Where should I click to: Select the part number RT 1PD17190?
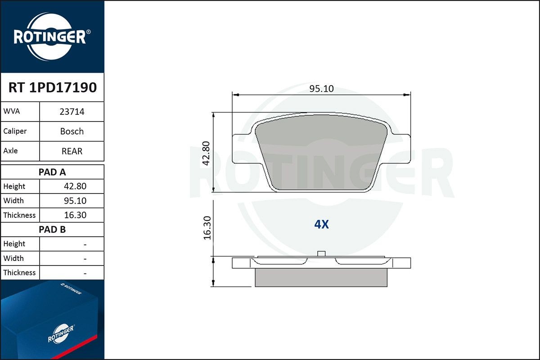pyautogui.click(x=52, y=88)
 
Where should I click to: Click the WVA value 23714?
pyautogui.click(x=72, y=112)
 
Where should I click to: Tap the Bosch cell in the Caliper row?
pyautogui.click(x=72, y=131)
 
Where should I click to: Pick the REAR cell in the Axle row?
pyautogui.click(x=72, y=151)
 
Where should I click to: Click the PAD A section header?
pyautogui.click(x=52, y=172)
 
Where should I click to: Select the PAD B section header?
pyautogui.click(x=52, y=229)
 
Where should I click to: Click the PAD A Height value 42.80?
pyautogui.click(x=75, y=186)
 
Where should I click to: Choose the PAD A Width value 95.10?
pyautogui.click(x=75, y=201)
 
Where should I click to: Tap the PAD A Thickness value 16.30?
pyautogui.click(x=75, y=215)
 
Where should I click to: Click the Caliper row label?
pyautogui.click(x=15, y=131)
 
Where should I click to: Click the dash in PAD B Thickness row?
pyautogui.click(x=85, y=273)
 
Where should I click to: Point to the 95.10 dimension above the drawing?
pyautogui.click(x=321, y=89)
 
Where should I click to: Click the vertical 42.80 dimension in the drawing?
pyautogui.click(x=207, y=153)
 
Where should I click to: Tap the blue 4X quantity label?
pyautogui.click(x=321, y=225)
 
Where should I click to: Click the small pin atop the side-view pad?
pyautogui.click(x=321, y=253)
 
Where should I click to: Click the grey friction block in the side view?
pyautogui.click(x=321, y=278)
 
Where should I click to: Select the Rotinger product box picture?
pyautogui.click(x=52, y=320)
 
